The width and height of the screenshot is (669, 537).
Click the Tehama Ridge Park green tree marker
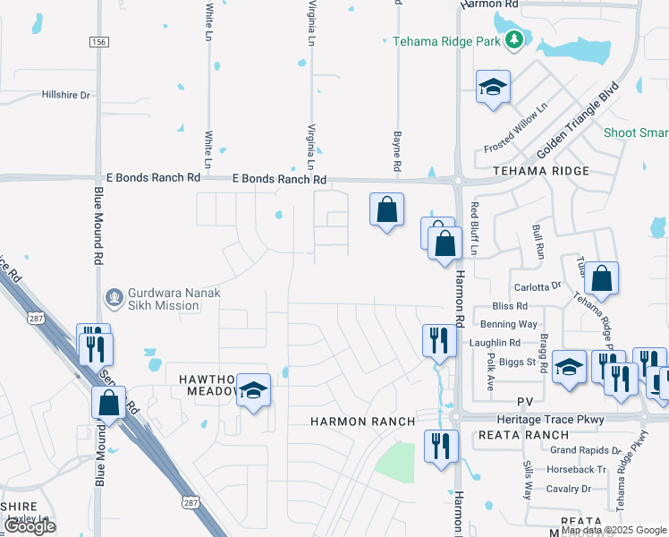pyautogui.click(x=513, y=40)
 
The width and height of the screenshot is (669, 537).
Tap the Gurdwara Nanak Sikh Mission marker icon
pyautogui.click(x=114, y=296)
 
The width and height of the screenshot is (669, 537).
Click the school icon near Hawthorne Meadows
pyautogui.click(x=254, y=390)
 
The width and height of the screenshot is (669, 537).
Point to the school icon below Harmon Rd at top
pyautogui.click(x=492, y=87)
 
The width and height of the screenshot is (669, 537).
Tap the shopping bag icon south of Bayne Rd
pyautogui.click(x=386, y=210)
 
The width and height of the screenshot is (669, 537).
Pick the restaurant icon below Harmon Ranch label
pyautogui.click(x=440, y=446)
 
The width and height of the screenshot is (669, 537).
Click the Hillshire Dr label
pyautogui.click(x=67, y=95)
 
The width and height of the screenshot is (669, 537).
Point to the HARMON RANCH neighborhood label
pyautogui.click(x=362, y=421)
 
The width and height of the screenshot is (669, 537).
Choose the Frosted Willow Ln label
pyautogui.click(x=514, y=129)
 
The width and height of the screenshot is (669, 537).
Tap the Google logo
pyautogui.click(x=30, y=526)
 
